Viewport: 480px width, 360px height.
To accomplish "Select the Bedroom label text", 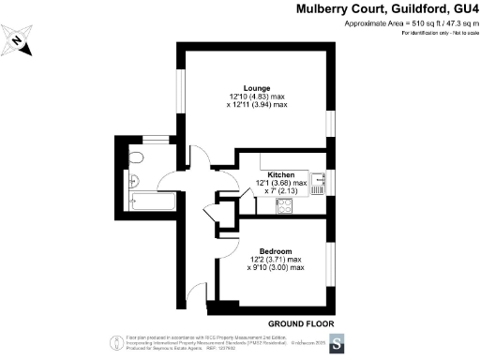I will pos(277,251).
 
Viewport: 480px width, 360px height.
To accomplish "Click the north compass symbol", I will pos(21,41).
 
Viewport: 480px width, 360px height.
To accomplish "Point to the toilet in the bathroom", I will pos(136,157).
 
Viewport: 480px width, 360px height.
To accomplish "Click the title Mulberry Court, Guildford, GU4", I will pos(375,8).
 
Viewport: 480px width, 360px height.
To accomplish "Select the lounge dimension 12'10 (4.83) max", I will pos(257,97).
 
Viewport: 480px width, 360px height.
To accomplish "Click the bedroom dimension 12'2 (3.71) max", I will pos(278,260).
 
